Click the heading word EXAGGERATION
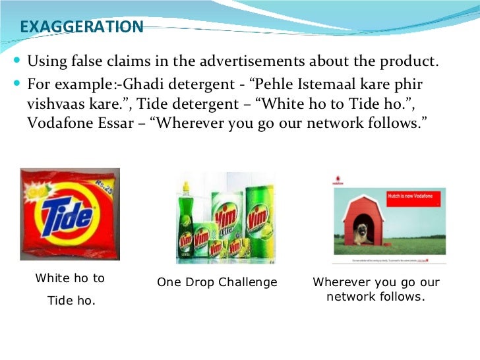click(x=82, y=27)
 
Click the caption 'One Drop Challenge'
click(x=217, y=282)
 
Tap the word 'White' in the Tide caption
click(x=52, y=278)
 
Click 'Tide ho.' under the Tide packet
click(x=71, y=301)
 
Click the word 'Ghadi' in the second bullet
click(x=132, y=85)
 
